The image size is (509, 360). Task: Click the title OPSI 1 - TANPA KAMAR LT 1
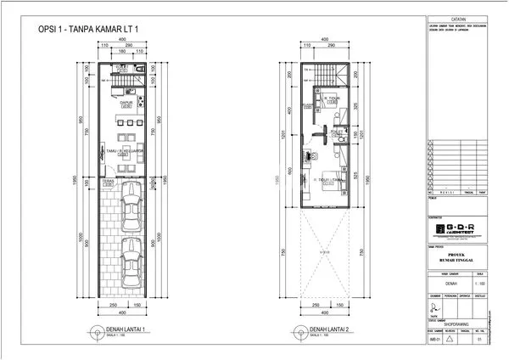click(x=89, y=30)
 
